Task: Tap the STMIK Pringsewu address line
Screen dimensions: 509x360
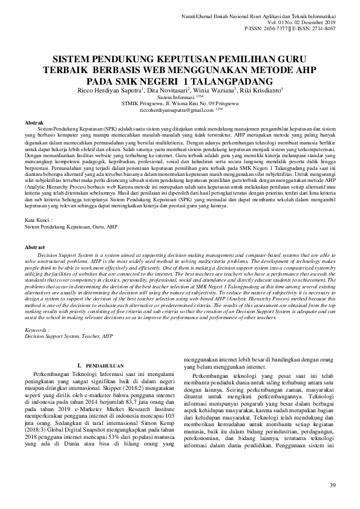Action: point(180,104)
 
